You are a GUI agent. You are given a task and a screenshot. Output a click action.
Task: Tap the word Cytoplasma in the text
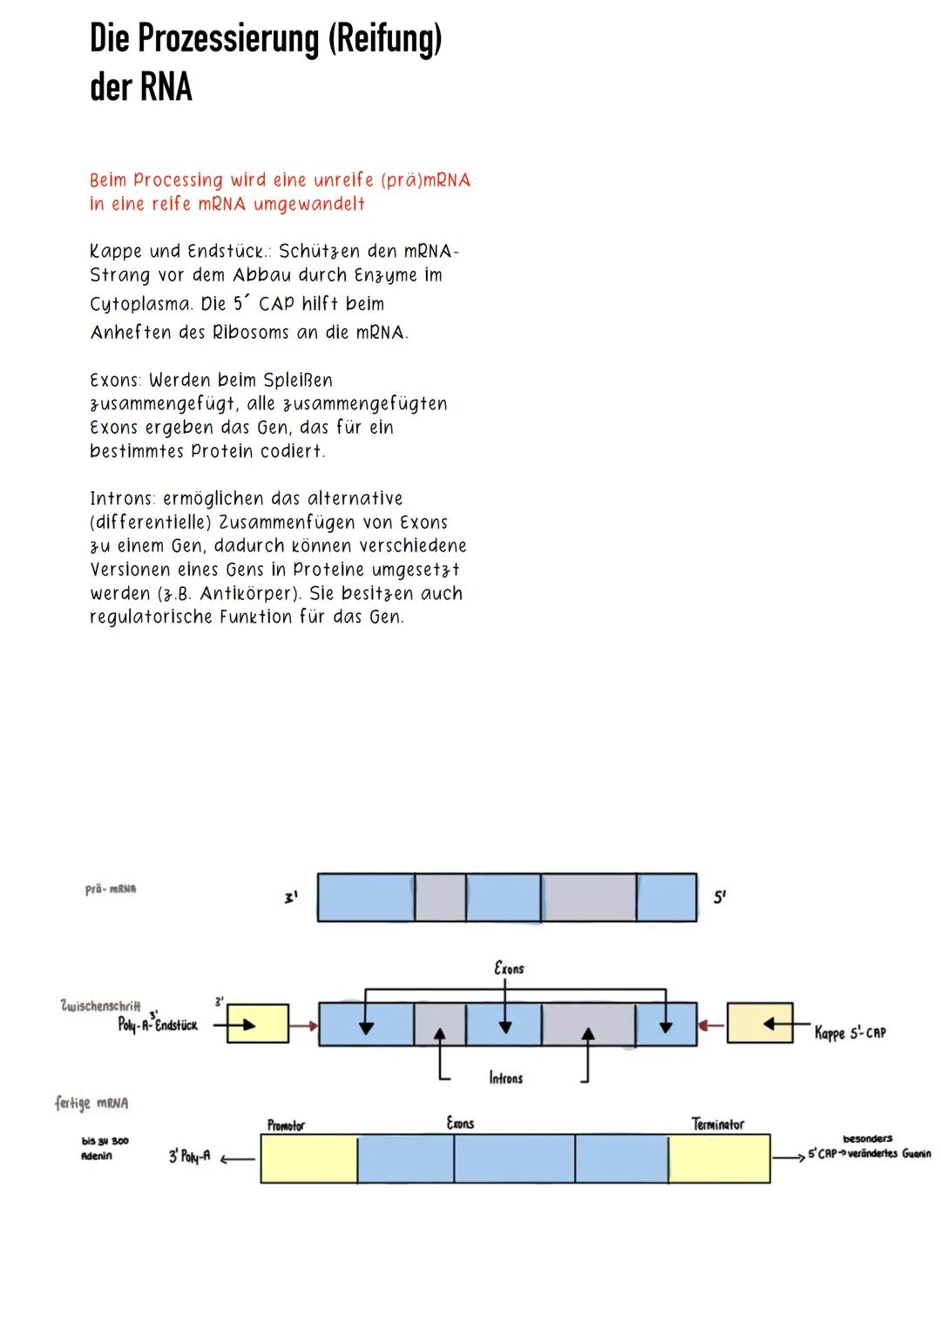(140, 305)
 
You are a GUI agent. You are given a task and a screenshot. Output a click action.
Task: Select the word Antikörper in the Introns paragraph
(251, 594)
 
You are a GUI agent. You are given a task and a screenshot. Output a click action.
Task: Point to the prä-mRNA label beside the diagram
(111, 889)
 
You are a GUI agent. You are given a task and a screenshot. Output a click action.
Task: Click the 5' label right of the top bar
(720, 897)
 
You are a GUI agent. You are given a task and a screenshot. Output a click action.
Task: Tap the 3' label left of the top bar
(292, 897)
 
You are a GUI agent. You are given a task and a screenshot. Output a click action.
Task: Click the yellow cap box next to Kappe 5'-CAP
(760, 1023)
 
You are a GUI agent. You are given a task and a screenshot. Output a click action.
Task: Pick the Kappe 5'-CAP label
(850, 1033)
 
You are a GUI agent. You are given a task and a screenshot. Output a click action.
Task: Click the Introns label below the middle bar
(505, 1078)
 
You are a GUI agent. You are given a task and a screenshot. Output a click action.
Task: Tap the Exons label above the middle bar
(509, 968)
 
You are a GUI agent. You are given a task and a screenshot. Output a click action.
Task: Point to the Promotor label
(286, 1125)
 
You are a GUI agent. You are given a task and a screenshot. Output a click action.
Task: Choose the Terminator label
(717, 1124)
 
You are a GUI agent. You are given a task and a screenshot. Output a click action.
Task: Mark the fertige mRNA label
(91, 1103)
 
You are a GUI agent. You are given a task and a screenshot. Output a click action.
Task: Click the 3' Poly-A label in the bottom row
(189, 1158)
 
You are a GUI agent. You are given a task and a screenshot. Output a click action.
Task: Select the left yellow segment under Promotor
(308, 1158)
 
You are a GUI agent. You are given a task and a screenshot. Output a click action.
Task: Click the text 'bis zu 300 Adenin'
(105, 1149)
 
